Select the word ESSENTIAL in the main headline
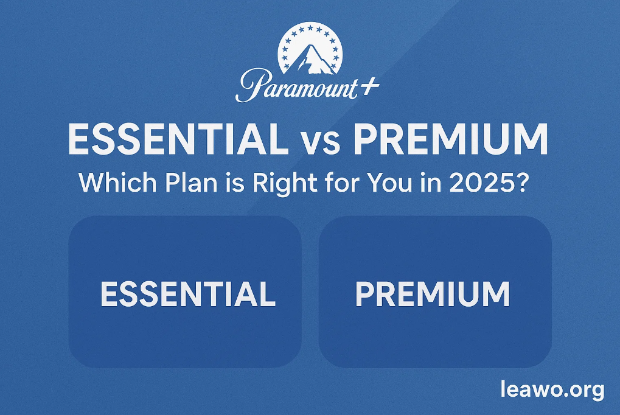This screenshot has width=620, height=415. point(178,139)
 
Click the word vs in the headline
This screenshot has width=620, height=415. point(320,143)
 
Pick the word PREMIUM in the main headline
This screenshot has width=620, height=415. point(450,139)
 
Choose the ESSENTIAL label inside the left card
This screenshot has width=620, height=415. point(187,294)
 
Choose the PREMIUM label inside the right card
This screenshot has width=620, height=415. point(433,294)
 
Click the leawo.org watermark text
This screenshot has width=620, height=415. point(552,389)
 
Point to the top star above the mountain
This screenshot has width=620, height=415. point(310,28)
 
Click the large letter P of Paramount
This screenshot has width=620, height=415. point(251,85)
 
